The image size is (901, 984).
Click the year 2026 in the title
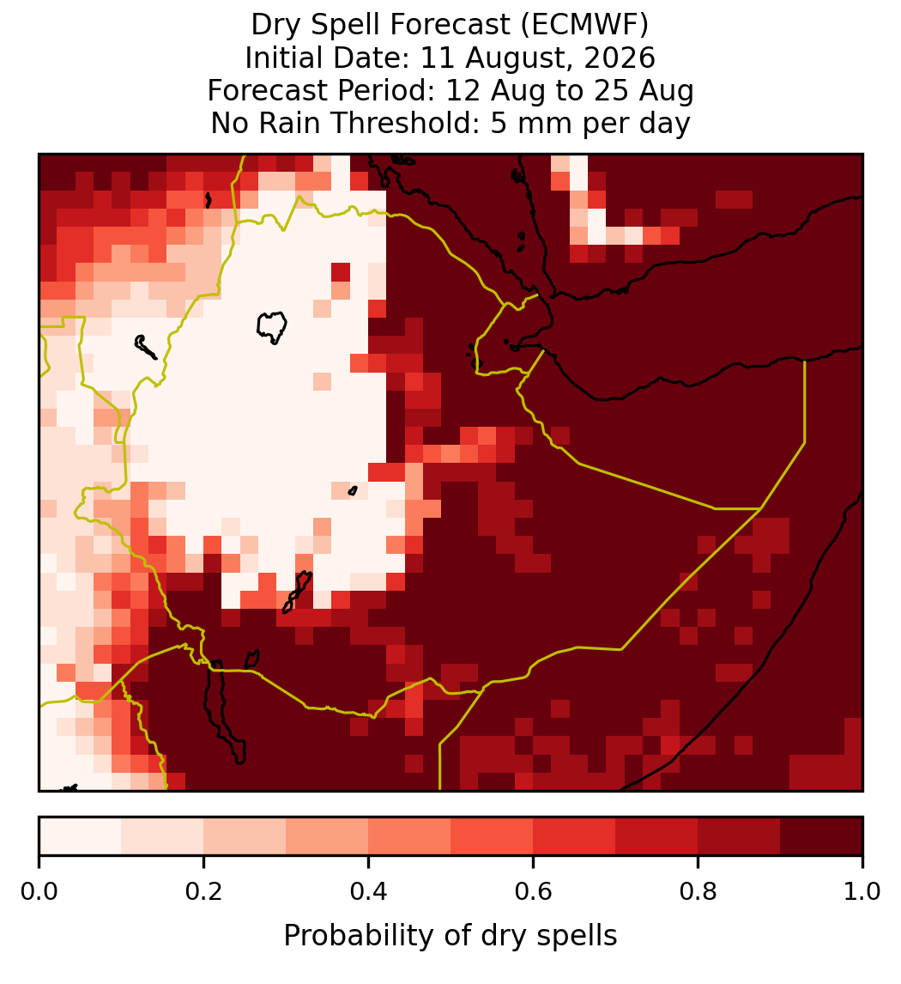point(620,58)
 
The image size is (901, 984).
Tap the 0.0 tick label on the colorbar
point(39,892)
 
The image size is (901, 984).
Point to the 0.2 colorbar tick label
point(203,892)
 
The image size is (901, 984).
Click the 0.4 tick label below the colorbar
point(369,892)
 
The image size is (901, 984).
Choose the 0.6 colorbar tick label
point(534,892)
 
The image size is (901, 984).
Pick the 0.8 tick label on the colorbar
point(698,892)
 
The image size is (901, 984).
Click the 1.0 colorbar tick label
point(862,892)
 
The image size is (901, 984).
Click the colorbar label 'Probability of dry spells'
point(450,936)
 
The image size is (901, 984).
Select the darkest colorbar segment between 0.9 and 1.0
point(821,836)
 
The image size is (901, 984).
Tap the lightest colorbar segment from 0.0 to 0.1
point(81,836)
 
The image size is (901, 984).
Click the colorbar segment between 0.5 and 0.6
point(493,836)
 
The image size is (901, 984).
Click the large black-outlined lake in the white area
point(271,327)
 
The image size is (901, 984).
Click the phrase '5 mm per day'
point(590,123)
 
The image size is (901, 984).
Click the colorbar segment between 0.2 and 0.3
point(245,836)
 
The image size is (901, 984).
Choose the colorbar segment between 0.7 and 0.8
point(656,836)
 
